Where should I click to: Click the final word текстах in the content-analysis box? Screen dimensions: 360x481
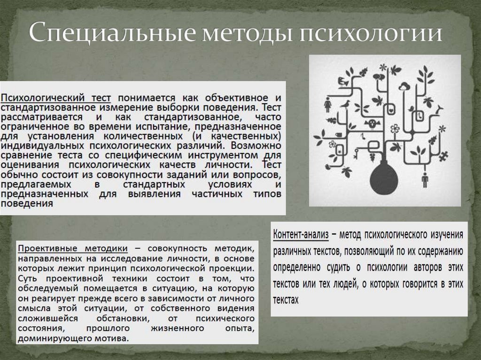click(x=286, y=299)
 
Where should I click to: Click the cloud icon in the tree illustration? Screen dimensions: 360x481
click(x=404, y=86)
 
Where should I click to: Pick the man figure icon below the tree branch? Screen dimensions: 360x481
click(x=425, y=180)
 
